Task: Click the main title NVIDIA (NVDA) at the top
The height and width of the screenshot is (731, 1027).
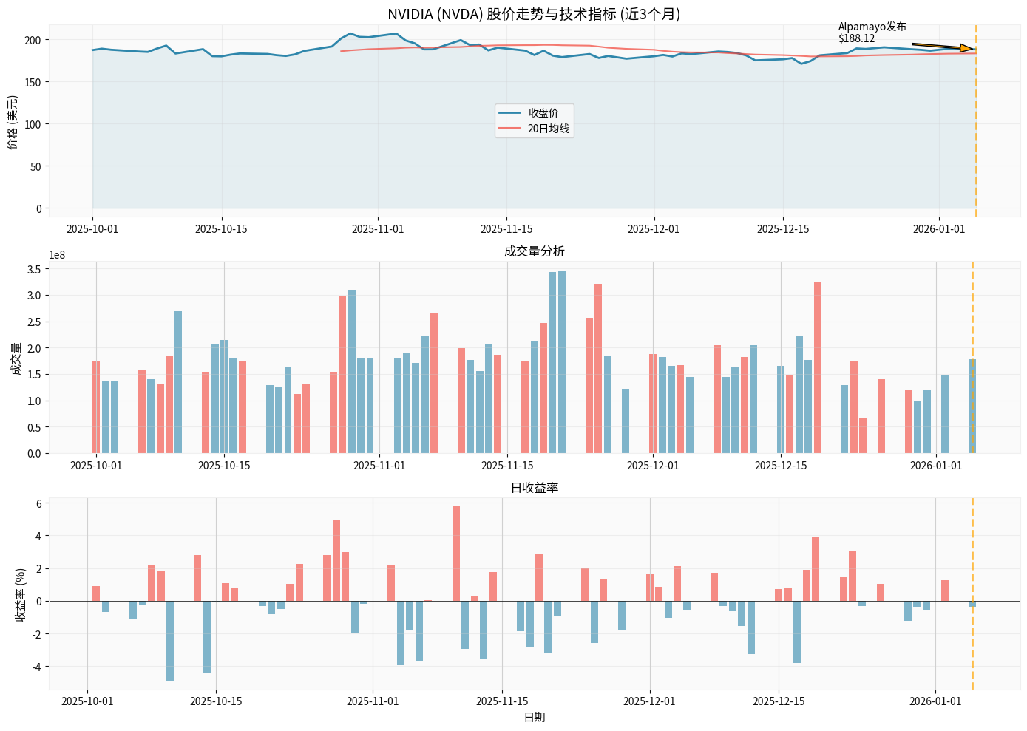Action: pyautogui.click(x=534, y=14)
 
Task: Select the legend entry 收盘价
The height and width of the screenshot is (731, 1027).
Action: pyautogui.click(x=543, y=113)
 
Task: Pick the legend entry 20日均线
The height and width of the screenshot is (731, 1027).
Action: pyautogui.click(x=548, y=129)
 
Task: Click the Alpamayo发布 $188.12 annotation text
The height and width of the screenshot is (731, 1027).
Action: pyautogui.click(x=872, y=33)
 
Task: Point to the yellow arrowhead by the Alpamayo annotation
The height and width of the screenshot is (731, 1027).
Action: pyautogui.click(x=966, y=49)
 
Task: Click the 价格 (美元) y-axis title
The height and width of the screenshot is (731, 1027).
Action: pyautogui.click(x=13, y=123)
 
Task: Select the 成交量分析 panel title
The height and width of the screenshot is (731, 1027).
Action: pyautogui.click(x=534, y=251)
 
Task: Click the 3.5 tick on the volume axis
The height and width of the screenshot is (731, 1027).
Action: pyautogui.click(x=33, y=269)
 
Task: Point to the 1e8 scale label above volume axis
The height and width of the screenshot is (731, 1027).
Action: pyautogui.click(x=57, y=255)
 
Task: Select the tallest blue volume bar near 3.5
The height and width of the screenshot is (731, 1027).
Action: pyautogui.click(x=562, y=361)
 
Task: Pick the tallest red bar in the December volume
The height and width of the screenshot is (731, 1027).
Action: pyautogui.click(x=817, y=367)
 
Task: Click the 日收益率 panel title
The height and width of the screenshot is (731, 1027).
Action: pyautogui.click(x=534, y=488)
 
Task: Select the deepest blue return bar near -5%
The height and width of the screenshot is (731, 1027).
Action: pyautogui.click(x=170, y=640)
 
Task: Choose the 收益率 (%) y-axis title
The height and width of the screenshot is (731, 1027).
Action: pyautogui.click(x=21, y=594)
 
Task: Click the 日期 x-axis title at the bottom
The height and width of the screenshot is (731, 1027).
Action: pyautogui.click(x=534, y=717)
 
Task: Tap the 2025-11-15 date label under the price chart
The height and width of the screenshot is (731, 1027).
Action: pyautogui.click(x=506, y=229)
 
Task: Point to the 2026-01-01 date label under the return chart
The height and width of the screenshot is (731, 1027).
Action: pyautogui.click(x=935, y=701)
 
